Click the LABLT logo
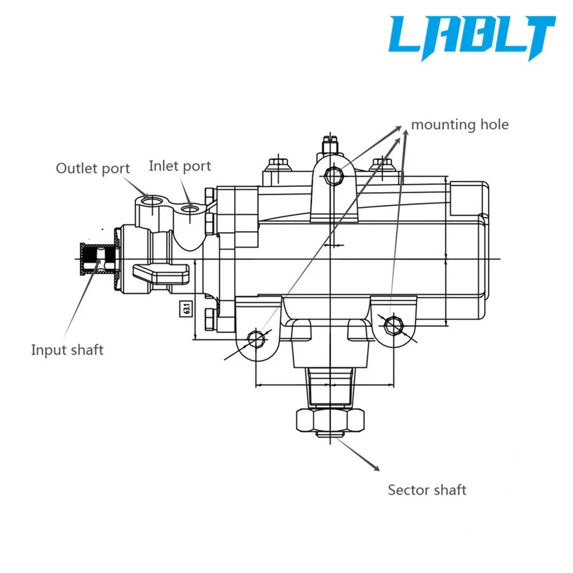(x=472, y=37)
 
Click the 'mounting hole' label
(x=460, y=125)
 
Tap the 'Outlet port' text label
(x=93, y=168)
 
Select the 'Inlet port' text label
(x=180, y=165)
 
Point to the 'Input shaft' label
(x=67, y=350)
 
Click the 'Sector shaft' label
(x=427, y=490)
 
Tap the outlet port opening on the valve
(x=153, y=200)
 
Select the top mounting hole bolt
(x=333, y=175)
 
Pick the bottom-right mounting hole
(x=392, y=324)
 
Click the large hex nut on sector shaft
(x=329, y=420)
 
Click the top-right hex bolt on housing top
(x=380, y=163)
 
